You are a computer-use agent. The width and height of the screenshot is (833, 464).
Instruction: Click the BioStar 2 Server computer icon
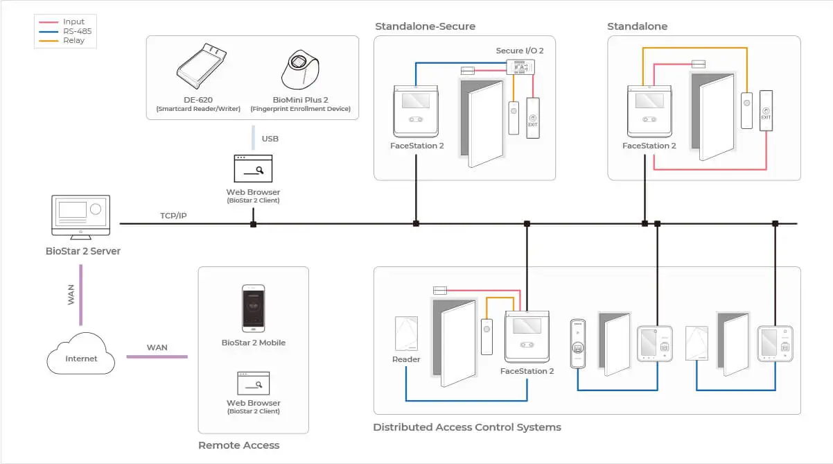[80, 217]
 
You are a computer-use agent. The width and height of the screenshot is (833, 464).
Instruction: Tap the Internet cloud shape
[80, 354]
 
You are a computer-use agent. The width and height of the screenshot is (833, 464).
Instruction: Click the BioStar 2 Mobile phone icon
[253, 308]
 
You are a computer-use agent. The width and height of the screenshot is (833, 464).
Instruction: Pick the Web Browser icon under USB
[253, 169]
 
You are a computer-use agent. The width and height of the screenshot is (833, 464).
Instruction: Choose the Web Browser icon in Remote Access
[253, 384]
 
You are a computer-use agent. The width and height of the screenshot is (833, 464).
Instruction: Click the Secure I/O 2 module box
[520, 67]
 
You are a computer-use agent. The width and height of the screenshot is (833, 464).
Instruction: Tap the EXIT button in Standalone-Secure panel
[533, 118]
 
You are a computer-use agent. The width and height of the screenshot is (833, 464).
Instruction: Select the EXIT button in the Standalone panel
[766, 110]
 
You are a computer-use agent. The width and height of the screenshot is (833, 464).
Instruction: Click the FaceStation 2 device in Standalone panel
[649, 112]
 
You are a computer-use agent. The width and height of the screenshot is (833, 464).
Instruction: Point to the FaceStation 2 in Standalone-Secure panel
[416, 112]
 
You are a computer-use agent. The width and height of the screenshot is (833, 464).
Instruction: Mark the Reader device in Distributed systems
[406, 334]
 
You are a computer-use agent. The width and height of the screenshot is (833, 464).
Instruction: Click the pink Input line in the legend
[49, 22]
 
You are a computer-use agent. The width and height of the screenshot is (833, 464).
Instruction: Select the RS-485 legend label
[78, 31]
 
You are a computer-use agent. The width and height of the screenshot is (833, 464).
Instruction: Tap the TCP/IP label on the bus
[173, 216]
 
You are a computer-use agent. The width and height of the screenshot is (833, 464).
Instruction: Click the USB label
[270, 139]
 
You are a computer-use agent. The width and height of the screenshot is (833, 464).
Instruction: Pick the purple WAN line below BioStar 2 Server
[80, 295]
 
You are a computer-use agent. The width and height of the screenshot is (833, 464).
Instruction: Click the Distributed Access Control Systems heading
[467, 427]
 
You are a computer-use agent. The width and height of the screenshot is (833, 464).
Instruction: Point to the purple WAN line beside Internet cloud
[157, 356]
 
